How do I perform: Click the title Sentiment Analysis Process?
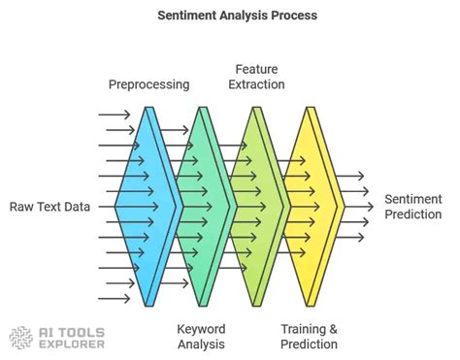pos(229,16)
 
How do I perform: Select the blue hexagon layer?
pos(146,205)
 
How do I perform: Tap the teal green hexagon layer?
pos(201,205)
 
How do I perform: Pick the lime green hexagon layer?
pos(255,205)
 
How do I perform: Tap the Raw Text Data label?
pos(51,206)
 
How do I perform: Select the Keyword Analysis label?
pos(201,336)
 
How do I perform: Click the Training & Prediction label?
pos(310,336)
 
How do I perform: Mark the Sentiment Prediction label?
pos(413,206)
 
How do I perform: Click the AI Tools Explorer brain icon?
pos(21,338)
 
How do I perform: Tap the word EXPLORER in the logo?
pos(69,344)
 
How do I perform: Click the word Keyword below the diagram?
pos(201,328)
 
